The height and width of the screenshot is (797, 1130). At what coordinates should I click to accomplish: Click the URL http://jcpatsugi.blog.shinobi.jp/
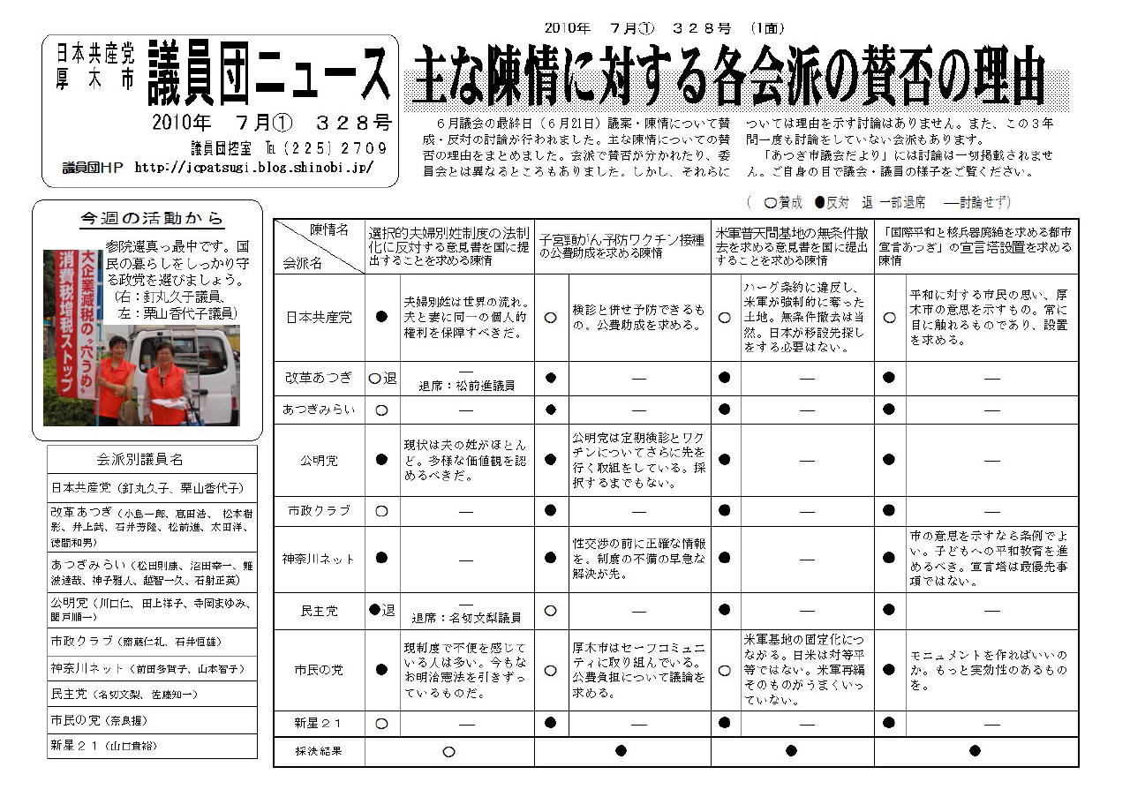point(254,167)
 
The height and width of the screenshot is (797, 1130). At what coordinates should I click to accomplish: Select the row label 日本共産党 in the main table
point(318,317)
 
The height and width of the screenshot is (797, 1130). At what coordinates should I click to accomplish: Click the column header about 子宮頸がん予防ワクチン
point(621,246)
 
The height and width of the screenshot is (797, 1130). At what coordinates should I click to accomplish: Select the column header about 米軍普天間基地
point(791,246)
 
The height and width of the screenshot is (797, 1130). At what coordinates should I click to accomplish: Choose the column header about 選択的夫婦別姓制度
point(448,246)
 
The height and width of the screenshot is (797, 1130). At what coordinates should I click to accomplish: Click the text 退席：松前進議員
point(466,386)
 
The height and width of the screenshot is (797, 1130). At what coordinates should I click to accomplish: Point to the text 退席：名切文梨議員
point(466,618)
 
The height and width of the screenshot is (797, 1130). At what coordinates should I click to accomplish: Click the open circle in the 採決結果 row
point(448,752)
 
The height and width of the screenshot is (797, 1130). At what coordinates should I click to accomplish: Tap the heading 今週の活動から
point(152,218)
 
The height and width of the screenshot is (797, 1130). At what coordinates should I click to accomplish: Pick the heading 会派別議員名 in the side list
point(152,460)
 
